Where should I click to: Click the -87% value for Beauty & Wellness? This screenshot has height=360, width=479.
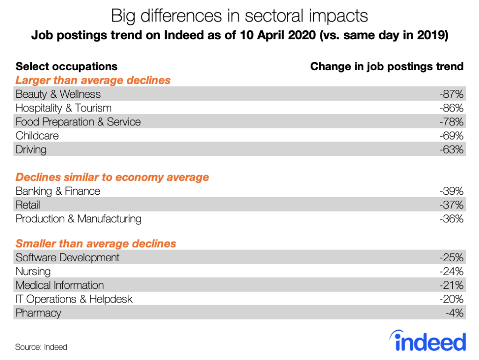451,94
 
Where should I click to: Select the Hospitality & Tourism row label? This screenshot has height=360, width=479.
64,108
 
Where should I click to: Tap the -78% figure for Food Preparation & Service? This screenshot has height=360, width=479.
451,122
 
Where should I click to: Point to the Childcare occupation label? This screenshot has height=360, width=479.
37,136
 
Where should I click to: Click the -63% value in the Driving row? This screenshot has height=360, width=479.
451,150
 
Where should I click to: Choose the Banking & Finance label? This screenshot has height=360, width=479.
58,191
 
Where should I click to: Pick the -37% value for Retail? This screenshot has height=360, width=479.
451,205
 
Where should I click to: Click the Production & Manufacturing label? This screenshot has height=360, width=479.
78,219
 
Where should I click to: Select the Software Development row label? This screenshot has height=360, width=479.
67,257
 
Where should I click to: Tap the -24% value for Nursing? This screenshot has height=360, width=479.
451,272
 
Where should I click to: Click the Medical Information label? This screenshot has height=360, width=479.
59,285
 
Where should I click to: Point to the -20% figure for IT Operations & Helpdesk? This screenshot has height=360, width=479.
451,299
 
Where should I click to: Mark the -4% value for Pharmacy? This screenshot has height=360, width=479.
455,313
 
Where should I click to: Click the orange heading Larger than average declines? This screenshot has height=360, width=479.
93,81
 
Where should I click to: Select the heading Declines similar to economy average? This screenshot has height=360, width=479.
112,177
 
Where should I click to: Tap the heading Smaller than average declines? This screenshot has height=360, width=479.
96,244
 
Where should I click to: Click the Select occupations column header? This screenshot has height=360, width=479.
66,66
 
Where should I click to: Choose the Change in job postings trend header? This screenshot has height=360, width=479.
387,66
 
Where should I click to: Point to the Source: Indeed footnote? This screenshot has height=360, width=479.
41,347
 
